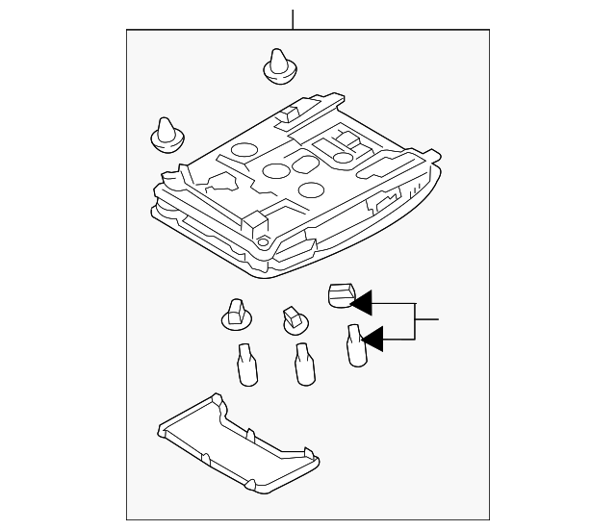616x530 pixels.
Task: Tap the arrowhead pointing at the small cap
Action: point(361,304)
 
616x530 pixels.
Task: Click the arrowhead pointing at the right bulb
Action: point(372,338)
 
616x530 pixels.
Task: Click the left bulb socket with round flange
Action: point(233,314)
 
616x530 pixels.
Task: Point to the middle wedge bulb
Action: point(303,363)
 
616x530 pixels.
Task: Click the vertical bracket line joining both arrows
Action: point(416,319)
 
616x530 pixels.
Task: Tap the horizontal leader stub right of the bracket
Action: point(427,318)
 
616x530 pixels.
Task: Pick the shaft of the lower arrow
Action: point(399,338)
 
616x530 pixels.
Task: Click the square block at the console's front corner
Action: point(255,225)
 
